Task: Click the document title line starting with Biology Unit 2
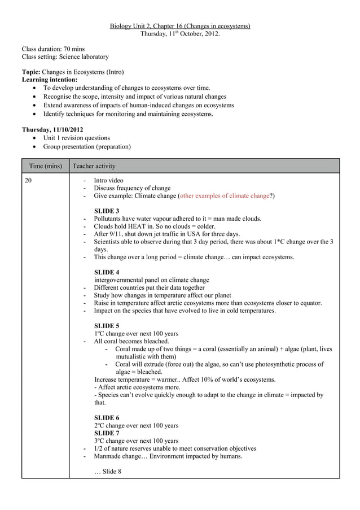pos(179,26)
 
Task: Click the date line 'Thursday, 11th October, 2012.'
pos(179,33)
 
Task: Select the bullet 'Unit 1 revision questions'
pos(77,138)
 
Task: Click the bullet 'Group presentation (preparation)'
pos(87,147)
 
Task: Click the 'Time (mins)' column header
pos(45,166)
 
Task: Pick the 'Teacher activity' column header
pos(94,166)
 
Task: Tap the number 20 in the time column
pos(28,180)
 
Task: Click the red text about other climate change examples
pos(225,196)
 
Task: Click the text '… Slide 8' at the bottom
pos(107,472)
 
